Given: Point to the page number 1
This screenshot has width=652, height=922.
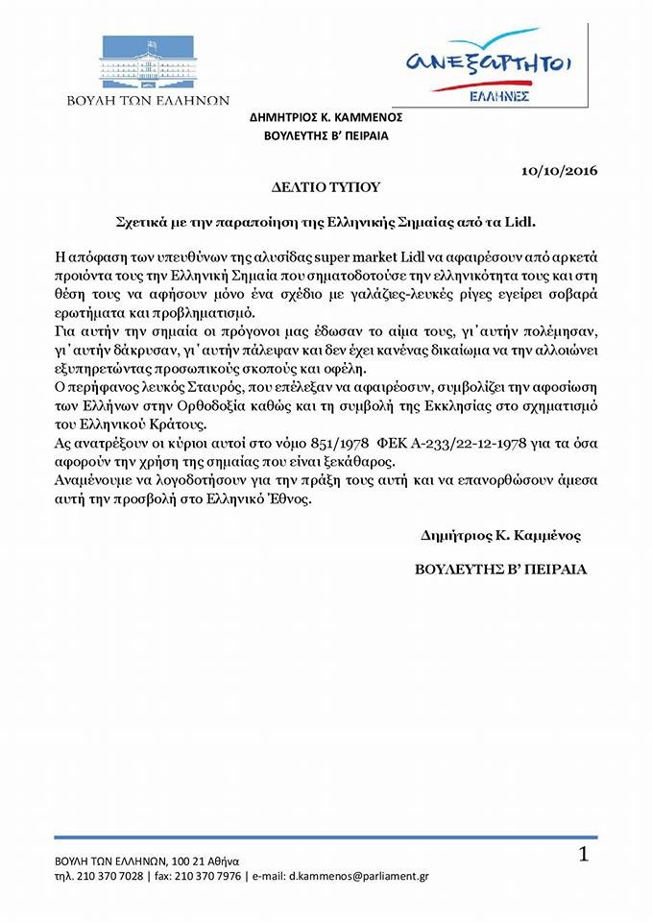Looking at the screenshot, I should click(x=583, y=854).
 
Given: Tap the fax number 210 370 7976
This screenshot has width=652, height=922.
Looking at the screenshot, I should click(x=205, y=877).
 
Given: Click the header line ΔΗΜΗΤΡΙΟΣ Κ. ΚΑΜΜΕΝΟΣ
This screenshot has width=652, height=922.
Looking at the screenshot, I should click(x=326, y=117).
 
